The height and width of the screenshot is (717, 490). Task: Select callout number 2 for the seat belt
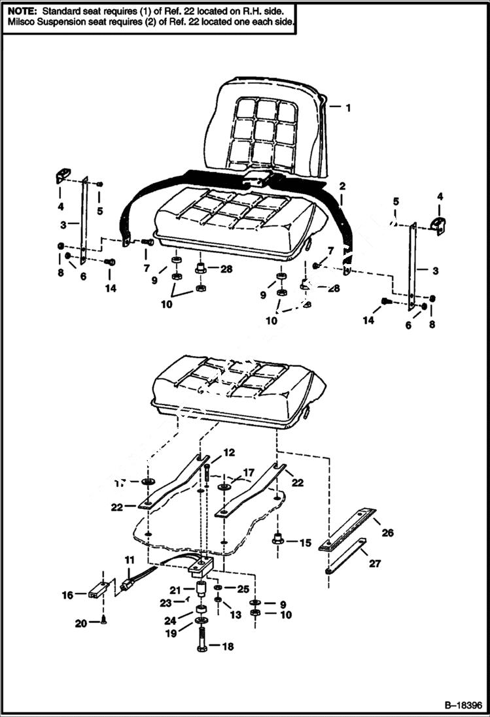(341, 186)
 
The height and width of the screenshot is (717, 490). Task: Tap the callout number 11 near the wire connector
(129, 560)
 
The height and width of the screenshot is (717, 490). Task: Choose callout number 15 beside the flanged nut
(305, 542)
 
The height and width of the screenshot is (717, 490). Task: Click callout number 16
(66, 595)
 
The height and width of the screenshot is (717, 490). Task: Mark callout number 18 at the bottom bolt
(228, 647)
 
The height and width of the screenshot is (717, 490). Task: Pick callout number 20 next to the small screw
(80, 624)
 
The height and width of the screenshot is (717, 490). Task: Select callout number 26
(388, 533)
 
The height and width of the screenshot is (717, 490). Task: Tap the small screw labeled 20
(104, 620)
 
